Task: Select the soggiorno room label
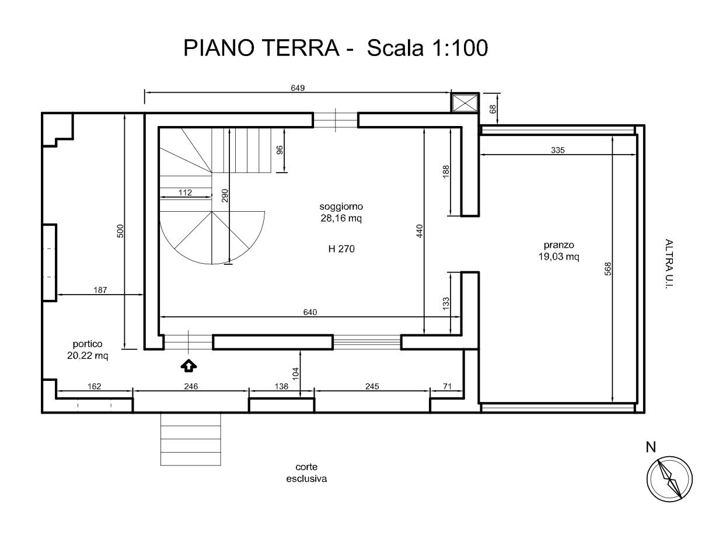[x=341, y=206]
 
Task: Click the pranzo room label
[x=559, y=245]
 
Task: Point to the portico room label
[x=88, y=344]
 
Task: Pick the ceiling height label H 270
[x=341, y=249]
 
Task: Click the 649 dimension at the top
[x=298, y=87]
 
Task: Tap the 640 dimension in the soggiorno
[x=310, y=312]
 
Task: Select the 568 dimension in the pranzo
[x=608, y=269]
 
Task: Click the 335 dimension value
[x=558, y=150]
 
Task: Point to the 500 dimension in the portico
[x=121, y=231]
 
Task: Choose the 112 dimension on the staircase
[x=185, y=192]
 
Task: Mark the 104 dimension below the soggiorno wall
[x=295, y=374]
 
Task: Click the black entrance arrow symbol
[x=189, y=366]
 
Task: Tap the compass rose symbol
[x=669, y=480]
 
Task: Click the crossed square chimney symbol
[x=465, y=103]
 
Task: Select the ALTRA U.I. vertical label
[x=669, y=264]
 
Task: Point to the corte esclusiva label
[x=306, y=473]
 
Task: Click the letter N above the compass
[x=651, y=447]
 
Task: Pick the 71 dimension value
[x=447, y=386]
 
